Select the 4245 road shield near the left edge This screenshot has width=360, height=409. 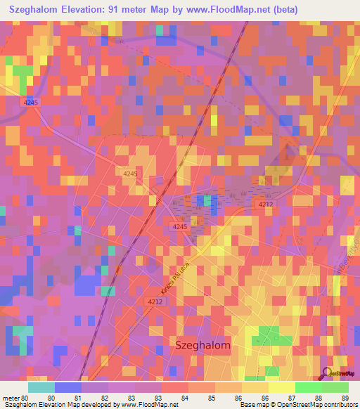coord(32,103)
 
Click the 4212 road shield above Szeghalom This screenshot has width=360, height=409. coord(155,301)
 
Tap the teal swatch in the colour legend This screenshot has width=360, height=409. coord(41,387)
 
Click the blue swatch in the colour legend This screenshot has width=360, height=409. coord(68,387)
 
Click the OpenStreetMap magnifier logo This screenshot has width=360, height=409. coord(327,373)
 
